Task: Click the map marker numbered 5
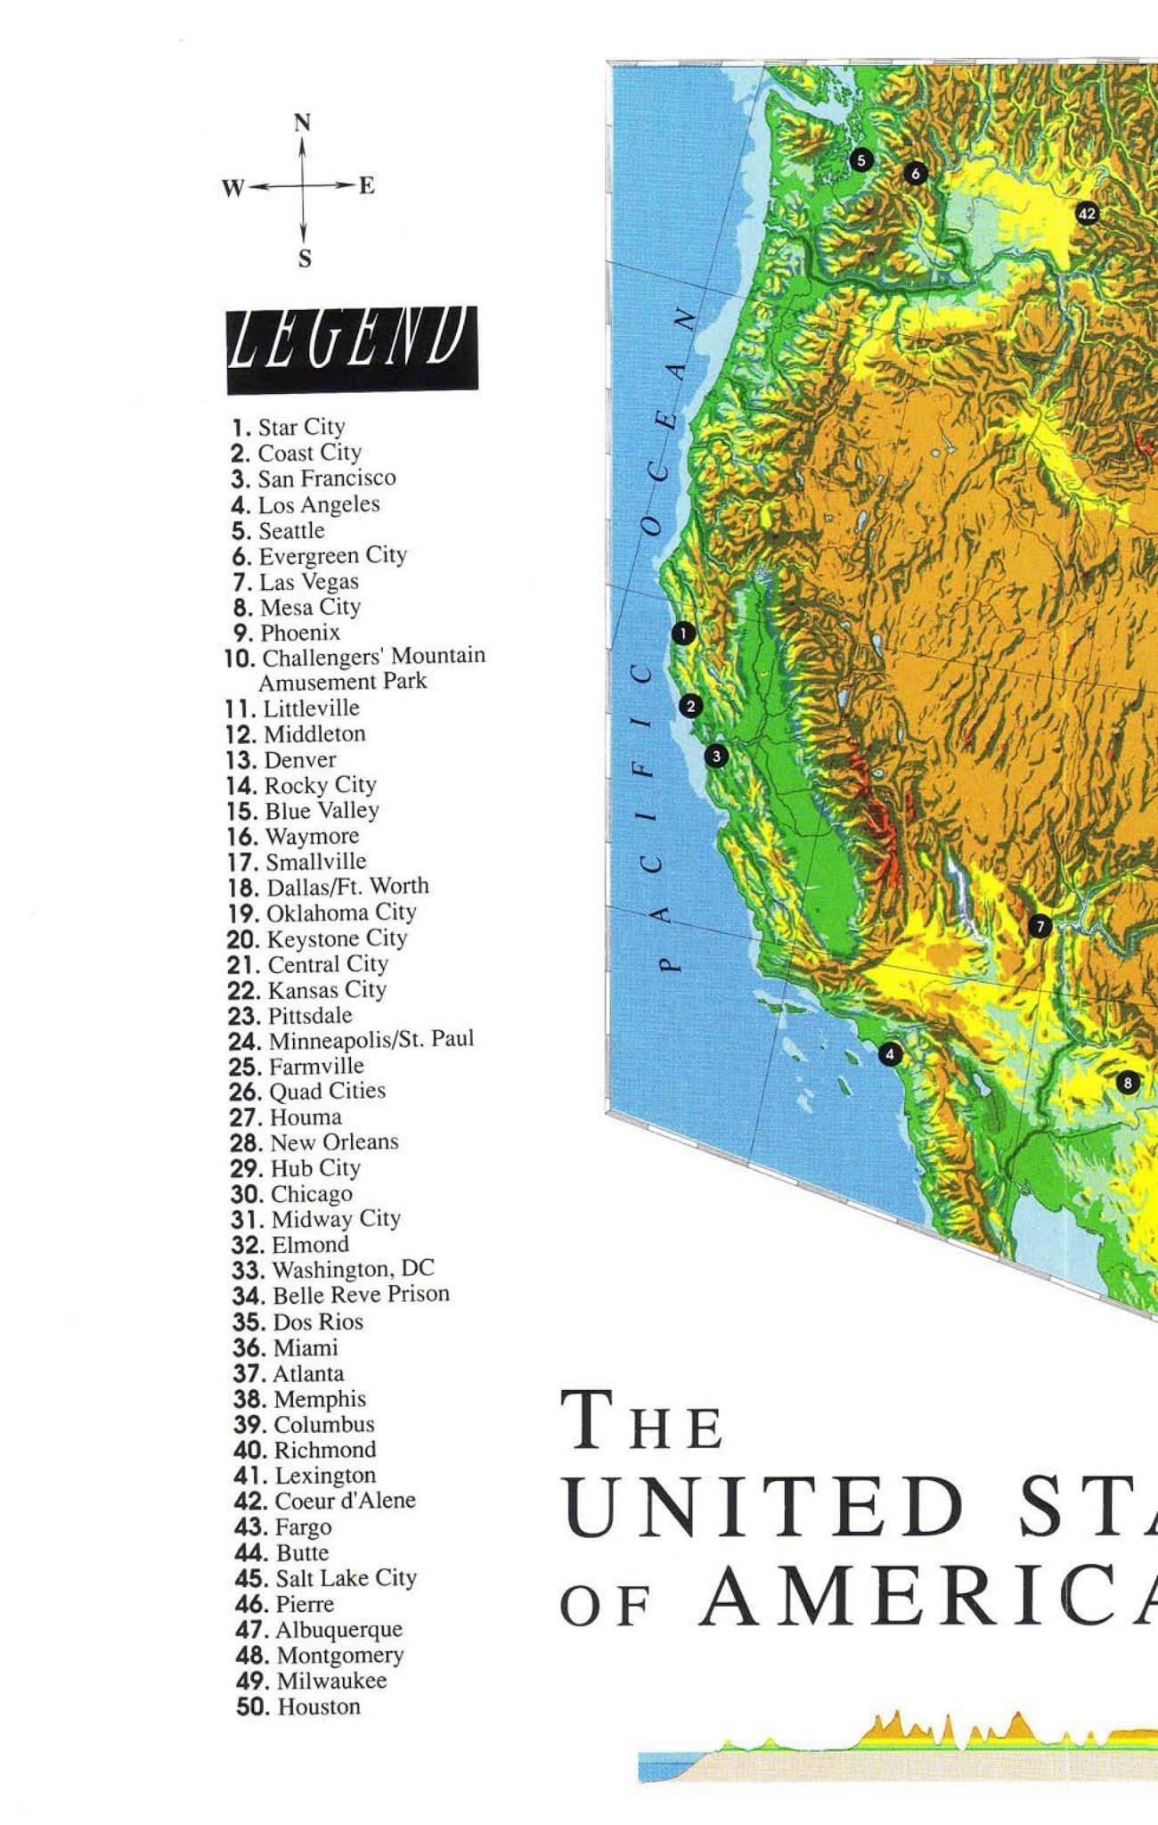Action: [860, 160]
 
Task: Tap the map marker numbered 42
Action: [1087, 213]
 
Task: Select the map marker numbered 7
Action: [1040, 927]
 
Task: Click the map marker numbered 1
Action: [682, 634]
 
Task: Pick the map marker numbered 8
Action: [1128, 1083]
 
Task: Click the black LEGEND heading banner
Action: [352, 349]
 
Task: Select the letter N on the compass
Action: [303, 122]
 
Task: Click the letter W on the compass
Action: [232, 188]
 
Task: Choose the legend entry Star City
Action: [300, 427]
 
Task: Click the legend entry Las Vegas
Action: [308, 582]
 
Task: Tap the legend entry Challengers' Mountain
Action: [373, 657]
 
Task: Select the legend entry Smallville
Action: [315, 862]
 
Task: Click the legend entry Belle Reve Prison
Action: [360, 1294]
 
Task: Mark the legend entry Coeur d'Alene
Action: [345, 1501]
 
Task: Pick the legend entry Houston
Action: [319, 1706]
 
